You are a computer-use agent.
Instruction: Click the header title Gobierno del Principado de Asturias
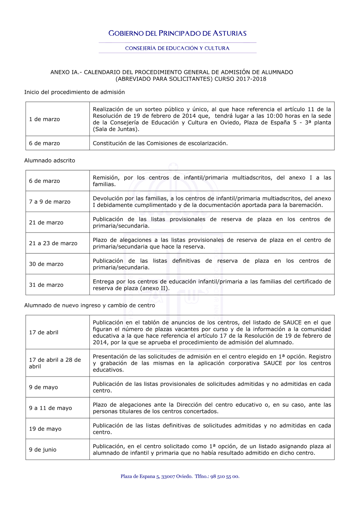click(177, 33)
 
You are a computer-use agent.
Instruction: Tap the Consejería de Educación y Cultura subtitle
click(177, 48)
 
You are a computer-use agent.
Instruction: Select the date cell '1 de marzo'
click(45, 119)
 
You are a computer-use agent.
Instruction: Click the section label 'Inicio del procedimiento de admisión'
click(75, 92)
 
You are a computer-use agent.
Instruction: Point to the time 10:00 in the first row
click(275, 116)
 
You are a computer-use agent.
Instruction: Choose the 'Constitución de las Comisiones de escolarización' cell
click(160, 143)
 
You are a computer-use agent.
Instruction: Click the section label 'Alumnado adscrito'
click(50, 161)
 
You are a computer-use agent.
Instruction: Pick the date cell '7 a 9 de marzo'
click(50, 202)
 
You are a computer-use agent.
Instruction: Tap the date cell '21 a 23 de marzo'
click(53, 243)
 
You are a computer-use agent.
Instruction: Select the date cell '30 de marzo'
click(46, 264)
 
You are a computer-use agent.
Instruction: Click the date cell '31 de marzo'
click(46, 285)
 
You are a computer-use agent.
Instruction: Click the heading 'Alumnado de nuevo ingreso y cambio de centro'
click(90, 305)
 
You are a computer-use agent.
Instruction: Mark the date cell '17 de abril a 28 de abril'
click(55, 363)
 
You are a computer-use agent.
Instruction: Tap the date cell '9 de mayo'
click(44, 387)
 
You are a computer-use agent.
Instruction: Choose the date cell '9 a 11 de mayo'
click(50, 408)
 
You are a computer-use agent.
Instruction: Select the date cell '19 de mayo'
click(45, 429)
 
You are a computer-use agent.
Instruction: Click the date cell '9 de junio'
click(43, 450)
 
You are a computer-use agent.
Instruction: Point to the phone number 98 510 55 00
click(225, 477)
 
